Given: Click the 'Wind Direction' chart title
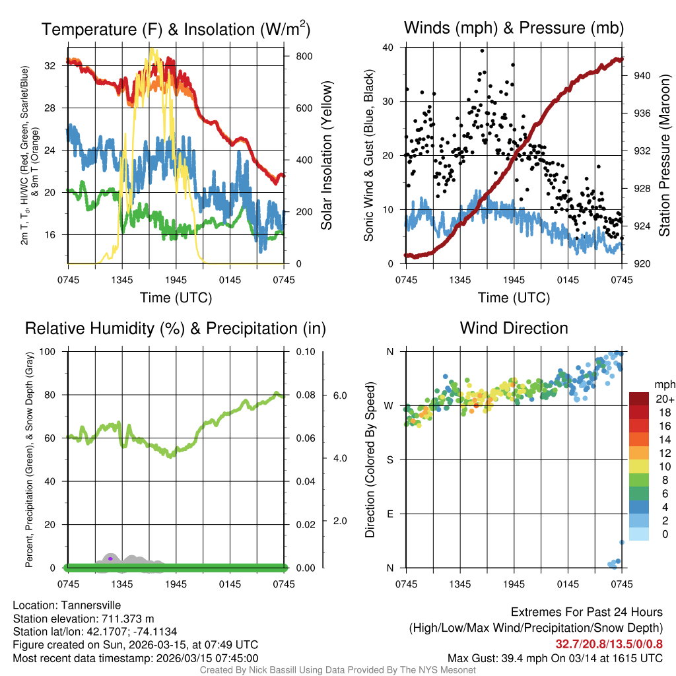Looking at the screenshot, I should click(514, 328).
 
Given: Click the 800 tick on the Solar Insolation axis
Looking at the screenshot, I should click(304, 57).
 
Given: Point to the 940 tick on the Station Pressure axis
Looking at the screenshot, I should click(642, 76).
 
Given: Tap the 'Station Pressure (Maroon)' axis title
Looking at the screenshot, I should click(665, 156).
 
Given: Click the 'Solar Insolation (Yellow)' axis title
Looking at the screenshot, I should click(327, 156).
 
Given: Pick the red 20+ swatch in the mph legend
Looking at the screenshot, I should click(639, 399).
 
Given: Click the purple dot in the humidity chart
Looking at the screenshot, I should click(111, 558).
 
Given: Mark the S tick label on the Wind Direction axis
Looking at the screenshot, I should click(391, 459).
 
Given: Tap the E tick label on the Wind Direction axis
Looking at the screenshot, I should click(391, 514).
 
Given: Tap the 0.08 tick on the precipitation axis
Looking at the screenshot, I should click(304, 395).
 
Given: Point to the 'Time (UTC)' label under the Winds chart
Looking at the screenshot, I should click(514, 298).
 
